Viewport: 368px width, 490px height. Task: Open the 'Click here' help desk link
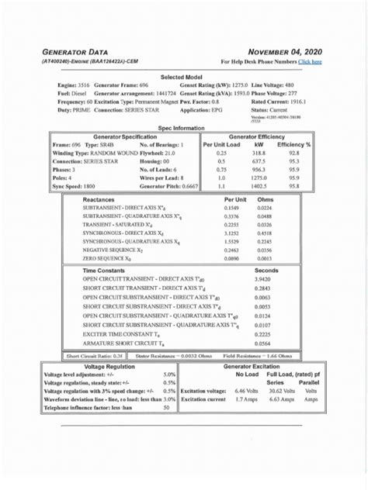click(x=310, y=61)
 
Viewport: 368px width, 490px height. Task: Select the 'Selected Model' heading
click(x=182, y=78)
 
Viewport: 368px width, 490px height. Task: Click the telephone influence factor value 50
click(x=166, y=407)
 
